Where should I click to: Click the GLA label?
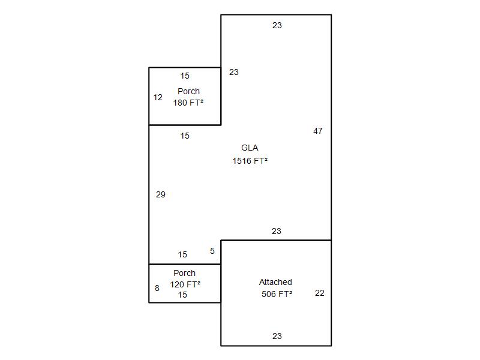click(250, 148)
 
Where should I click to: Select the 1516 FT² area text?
click(250, 161)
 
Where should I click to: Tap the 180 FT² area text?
click(188, 103)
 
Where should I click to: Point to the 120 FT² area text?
click(185, 284)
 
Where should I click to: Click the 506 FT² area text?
click(277, 294)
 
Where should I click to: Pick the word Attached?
click(275, 282)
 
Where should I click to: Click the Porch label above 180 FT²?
click(188, 91)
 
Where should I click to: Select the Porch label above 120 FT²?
click(185, 273)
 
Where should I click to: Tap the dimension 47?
click(318, 131)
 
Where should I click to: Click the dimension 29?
click(161, 194)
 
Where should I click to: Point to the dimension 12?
click(158, 97)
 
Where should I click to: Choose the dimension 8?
click(157, 288)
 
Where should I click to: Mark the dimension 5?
click(212, 251)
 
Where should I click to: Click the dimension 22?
click(319, 293)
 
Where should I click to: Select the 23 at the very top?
click(277, 25)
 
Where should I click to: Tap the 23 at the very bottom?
click(277, 336)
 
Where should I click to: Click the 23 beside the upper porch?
click(233, 72)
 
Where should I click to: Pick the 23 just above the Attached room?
click(276, 231)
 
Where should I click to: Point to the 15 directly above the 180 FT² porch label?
click(185, 76)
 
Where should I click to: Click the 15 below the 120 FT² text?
click(182, 295)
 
